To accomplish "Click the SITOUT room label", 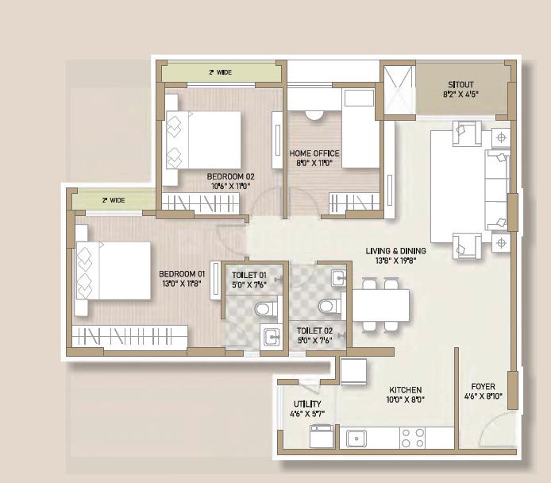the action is [x=460, y=85].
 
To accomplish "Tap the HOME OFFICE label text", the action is [x=314, y=153].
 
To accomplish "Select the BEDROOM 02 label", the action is [x=230, y=176].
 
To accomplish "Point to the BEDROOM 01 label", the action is [x=182, y=274].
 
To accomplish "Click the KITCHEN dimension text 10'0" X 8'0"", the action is [x=406, y=400].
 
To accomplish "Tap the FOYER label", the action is [x=484, y=387].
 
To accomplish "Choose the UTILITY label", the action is [x=307, y=404].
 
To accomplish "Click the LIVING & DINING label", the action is [x=395, y=251].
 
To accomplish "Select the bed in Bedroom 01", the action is [x=114, y=271].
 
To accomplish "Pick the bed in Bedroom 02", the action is [x=203, y=140].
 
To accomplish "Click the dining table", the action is [x=381, y=305].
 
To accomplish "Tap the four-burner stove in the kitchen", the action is [x=413, y=438].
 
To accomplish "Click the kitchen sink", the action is [x=356, y=439].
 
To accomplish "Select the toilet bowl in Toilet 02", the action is [x=329, y=306].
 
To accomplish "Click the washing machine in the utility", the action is [x=322, y=436].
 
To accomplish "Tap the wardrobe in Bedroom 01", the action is [x=129, y=336].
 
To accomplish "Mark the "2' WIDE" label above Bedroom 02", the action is [x=221, y=72].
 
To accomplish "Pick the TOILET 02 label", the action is [x=314, y=330].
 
